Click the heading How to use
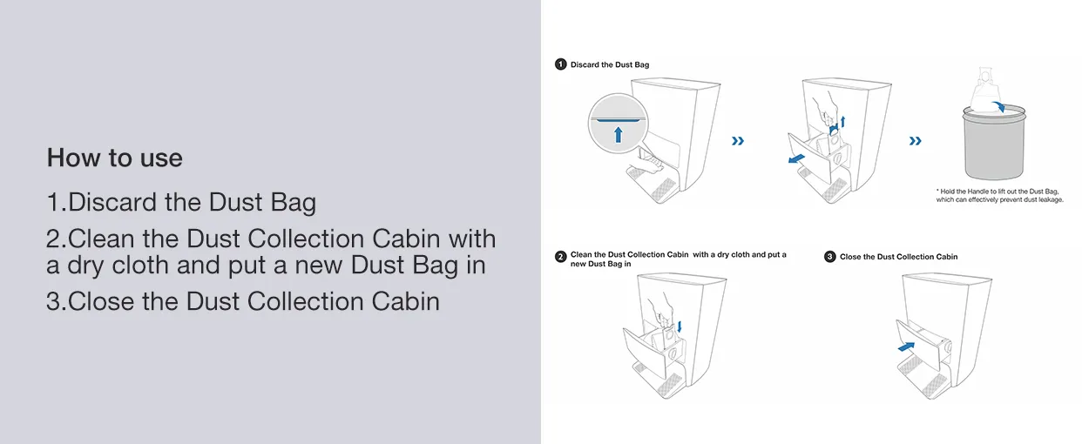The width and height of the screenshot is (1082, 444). (114, 158)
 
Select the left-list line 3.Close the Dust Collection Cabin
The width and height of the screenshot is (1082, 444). (243, 301)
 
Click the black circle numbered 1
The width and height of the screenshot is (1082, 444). (561, 64)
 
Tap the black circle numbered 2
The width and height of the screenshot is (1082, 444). (561, 256)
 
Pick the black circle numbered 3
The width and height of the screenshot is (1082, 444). (830, 257)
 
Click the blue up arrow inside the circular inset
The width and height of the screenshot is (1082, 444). (618, 134)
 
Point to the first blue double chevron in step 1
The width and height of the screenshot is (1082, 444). (738, 141)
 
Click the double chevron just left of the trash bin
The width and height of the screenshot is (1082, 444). (915, 141)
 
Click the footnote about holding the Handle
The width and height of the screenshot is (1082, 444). (999, 195)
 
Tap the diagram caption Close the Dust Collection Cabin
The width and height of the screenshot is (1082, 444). (898, 257)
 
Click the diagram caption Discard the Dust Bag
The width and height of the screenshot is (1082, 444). (610, 64)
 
